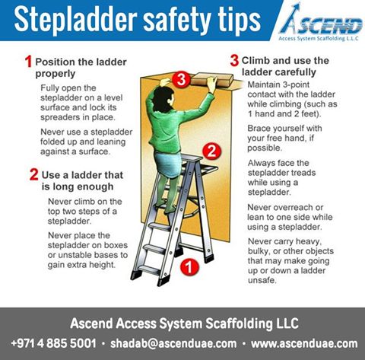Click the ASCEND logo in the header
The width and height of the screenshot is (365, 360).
point(320,22)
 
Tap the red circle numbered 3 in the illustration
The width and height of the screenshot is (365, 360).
point(181,79)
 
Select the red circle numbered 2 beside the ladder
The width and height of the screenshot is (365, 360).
point(212,151)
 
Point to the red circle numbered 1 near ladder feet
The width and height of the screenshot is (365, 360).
point(189,267)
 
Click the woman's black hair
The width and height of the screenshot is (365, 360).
point(163,100)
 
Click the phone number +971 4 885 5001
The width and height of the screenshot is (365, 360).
point(54,343)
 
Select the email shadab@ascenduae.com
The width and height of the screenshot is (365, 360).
point(173,343)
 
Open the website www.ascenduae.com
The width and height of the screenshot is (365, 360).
point(304,343)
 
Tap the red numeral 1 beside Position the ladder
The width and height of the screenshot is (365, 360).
point(28,62)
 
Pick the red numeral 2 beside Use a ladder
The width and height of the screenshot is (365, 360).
point(34,174)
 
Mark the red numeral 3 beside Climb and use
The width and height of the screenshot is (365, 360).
point(234,60)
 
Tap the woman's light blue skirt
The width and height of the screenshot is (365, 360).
point(168,164)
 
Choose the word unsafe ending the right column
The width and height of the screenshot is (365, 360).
point(262,280)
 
